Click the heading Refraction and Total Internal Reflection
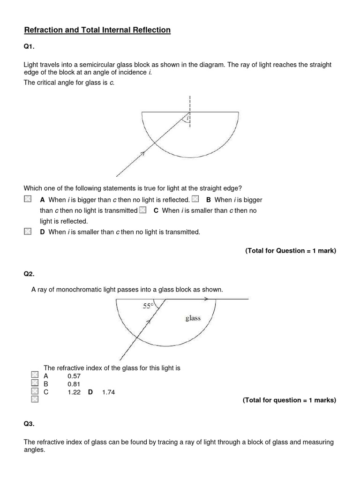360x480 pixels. [x=97, y=30]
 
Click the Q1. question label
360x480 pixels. [x=30, y=47]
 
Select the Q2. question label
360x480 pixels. [x=30, y=274]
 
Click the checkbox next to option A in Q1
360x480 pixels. [x=28, y=200]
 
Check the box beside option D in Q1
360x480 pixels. [x=28, y=232]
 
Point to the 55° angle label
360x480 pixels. [x=148, y=306]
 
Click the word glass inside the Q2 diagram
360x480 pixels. [x=193, y=318]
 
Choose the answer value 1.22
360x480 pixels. [x=74, y=392]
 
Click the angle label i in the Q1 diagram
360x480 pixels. [x=187, y=119]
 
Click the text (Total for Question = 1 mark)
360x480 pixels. [x=291, y=251]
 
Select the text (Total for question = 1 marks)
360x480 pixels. [x=289, y=400]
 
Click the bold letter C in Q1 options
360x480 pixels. [x=156, y=210]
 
